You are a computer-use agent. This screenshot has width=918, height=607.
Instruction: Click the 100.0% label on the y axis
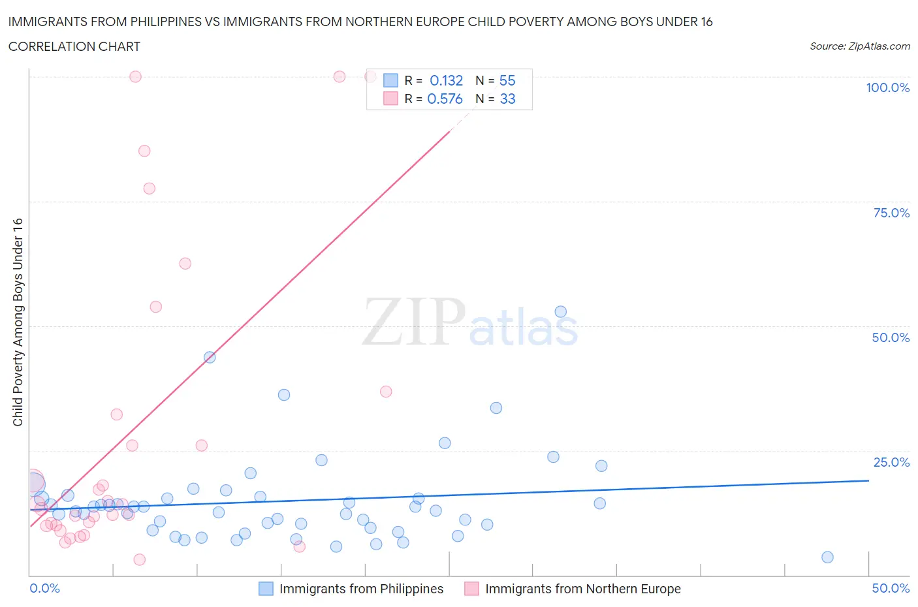887,87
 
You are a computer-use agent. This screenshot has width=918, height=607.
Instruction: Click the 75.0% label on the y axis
891,213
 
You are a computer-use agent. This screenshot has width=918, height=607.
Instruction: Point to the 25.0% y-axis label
891,462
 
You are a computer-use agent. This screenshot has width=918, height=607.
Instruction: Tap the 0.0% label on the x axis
45,588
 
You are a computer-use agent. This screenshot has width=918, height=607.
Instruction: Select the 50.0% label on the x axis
891,588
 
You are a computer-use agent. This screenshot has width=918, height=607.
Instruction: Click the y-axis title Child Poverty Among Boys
18,322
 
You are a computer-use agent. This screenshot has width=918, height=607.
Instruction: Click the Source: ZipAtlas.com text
859,46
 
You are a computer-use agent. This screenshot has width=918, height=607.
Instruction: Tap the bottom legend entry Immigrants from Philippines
361,589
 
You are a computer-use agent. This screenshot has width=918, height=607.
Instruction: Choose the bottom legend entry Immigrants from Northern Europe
582,589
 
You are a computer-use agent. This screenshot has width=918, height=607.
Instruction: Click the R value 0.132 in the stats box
446,80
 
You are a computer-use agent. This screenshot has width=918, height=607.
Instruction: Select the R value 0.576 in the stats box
445,99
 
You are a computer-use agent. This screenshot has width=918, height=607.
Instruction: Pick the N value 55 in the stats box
507,80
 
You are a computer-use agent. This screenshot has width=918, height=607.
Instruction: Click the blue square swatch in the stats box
390,80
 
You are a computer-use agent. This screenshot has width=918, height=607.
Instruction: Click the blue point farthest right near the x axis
827,557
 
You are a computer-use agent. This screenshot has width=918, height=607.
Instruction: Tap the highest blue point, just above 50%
560,311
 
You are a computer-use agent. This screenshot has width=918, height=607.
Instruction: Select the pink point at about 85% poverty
144,151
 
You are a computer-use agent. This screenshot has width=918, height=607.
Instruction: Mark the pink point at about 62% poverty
185,264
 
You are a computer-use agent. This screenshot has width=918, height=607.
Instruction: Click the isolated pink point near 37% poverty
386,392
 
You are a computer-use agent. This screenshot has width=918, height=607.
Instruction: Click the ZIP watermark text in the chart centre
413,322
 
